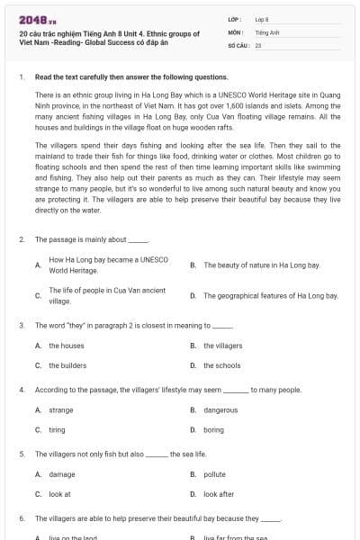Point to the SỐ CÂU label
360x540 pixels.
[x=236, y=44]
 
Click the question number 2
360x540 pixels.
[x=22, y=239]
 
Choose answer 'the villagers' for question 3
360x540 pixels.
[x=222, y=346]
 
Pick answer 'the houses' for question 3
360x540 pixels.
[x=66, y=346]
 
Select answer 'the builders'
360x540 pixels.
[x=67, y=365]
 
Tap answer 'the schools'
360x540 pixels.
[x=221, y=365]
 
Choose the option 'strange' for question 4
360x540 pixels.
[x=61, y=410]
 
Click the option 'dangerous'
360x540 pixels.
[x=220, y=410]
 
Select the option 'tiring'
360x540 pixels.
[x=57, y=430]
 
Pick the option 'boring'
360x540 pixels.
[x=213, y=430]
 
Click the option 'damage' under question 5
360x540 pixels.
[x=62, y=474]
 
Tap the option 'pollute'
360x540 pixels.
[x=214, y=474]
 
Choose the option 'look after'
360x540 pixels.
[x=219, y=494]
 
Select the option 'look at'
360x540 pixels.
[x=59, y=494]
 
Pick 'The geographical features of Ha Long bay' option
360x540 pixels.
[x=270, y=295]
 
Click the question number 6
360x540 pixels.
[x=22, y=519]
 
